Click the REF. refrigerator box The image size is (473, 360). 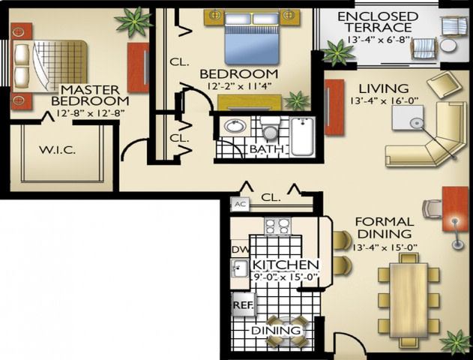click(x=242, y=306)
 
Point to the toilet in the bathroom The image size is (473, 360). click(x=271, y=132)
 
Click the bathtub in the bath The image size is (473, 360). click(x=302, y=136)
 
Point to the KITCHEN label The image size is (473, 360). click(x=286, y=265)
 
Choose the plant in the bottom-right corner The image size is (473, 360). click(x=455, y=341)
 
